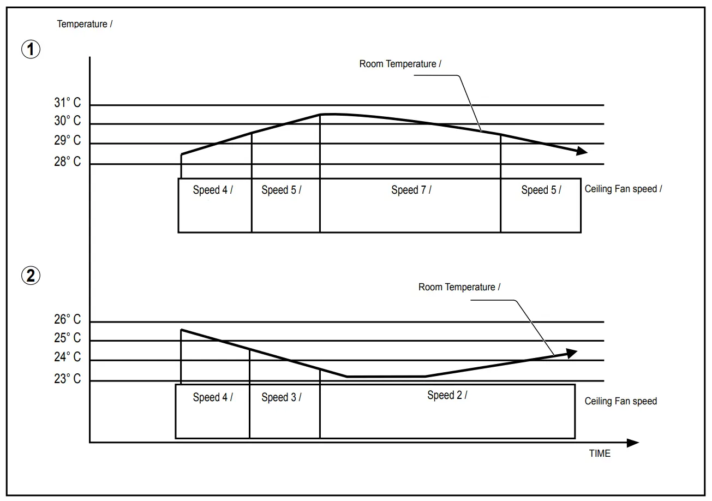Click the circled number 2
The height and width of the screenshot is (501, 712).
coord(31,276)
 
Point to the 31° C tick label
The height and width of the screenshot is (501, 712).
coord(67,103)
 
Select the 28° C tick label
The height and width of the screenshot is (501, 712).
coord(67,162)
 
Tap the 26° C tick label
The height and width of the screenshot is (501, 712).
coord(67,320)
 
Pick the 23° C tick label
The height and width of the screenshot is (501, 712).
coord(67,378)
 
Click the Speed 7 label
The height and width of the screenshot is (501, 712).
coord(411,190)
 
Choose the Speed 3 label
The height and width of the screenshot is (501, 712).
coord(281,397)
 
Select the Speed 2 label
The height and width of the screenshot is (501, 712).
coord(447,395)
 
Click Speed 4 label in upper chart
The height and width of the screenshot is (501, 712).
coord(212,190)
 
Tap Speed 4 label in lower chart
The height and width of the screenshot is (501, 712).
coord(212,397)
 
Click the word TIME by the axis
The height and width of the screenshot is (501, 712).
coord(600,454)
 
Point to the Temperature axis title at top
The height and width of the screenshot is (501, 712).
coord(85,24)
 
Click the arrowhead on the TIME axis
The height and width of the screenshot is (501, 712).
coord(633,443)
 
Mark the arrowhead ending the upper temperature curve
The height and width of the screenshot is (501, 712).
coord(582,151)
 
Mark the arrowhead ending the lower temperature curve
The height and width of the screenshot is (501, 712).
coord(571,354)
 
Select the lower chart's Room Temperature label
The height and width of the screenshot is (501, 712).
coord(459,287)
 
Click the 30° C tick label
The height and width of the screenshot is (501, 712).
coord(67,121)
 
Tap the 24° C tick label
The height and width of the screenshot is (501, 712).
coord(67,357)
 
